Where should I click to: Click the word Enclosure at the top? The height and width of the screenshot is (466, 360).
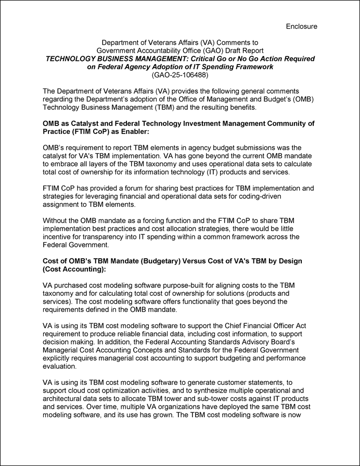301,26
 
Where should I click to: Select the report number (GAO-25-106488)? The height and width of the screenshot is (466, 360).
179,75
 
